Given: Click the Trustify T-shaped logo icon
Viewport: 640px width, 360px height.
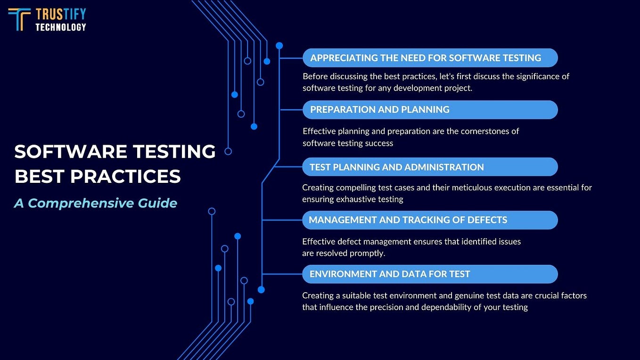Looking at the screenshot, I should pos(19,19).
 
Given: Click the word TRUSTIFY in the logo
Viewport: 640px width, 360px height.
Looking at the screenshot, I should pos(61,14).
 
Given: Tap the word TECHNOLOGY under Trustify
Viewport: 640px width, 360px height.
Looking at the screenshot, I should pos(61,27).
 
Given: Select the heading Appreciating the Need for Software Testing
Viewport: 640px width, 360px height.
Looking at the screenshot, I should pos(425,58).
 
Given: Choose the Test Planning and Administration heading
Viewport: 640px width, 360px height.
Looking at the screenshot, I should pos(396,167).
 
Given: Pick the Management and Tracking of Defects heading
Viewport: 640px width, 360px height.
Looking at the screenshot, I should pos(408,220).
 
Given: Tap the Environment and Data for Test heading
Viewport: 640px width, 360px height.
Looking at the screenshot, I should pos(390,274).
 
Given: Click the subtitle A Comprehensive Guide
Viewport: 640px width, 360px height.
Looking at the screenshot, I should pos(96,203).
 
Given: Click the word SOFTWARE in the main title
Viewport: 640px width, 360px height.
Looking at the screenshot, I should pos(70,152).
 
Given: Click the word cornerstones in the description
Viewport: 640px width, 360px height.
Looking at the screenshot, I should pos(480,131).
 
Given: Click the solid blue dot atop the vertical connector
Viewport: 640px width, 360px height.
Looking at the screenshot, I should pos(279,46).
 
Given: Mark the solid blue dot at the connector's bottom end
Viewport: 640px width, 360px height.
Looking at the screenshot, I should pos(261,290).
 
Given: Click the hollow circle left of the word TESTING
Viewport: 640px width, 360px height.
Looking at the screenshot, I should pos(228,151).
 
